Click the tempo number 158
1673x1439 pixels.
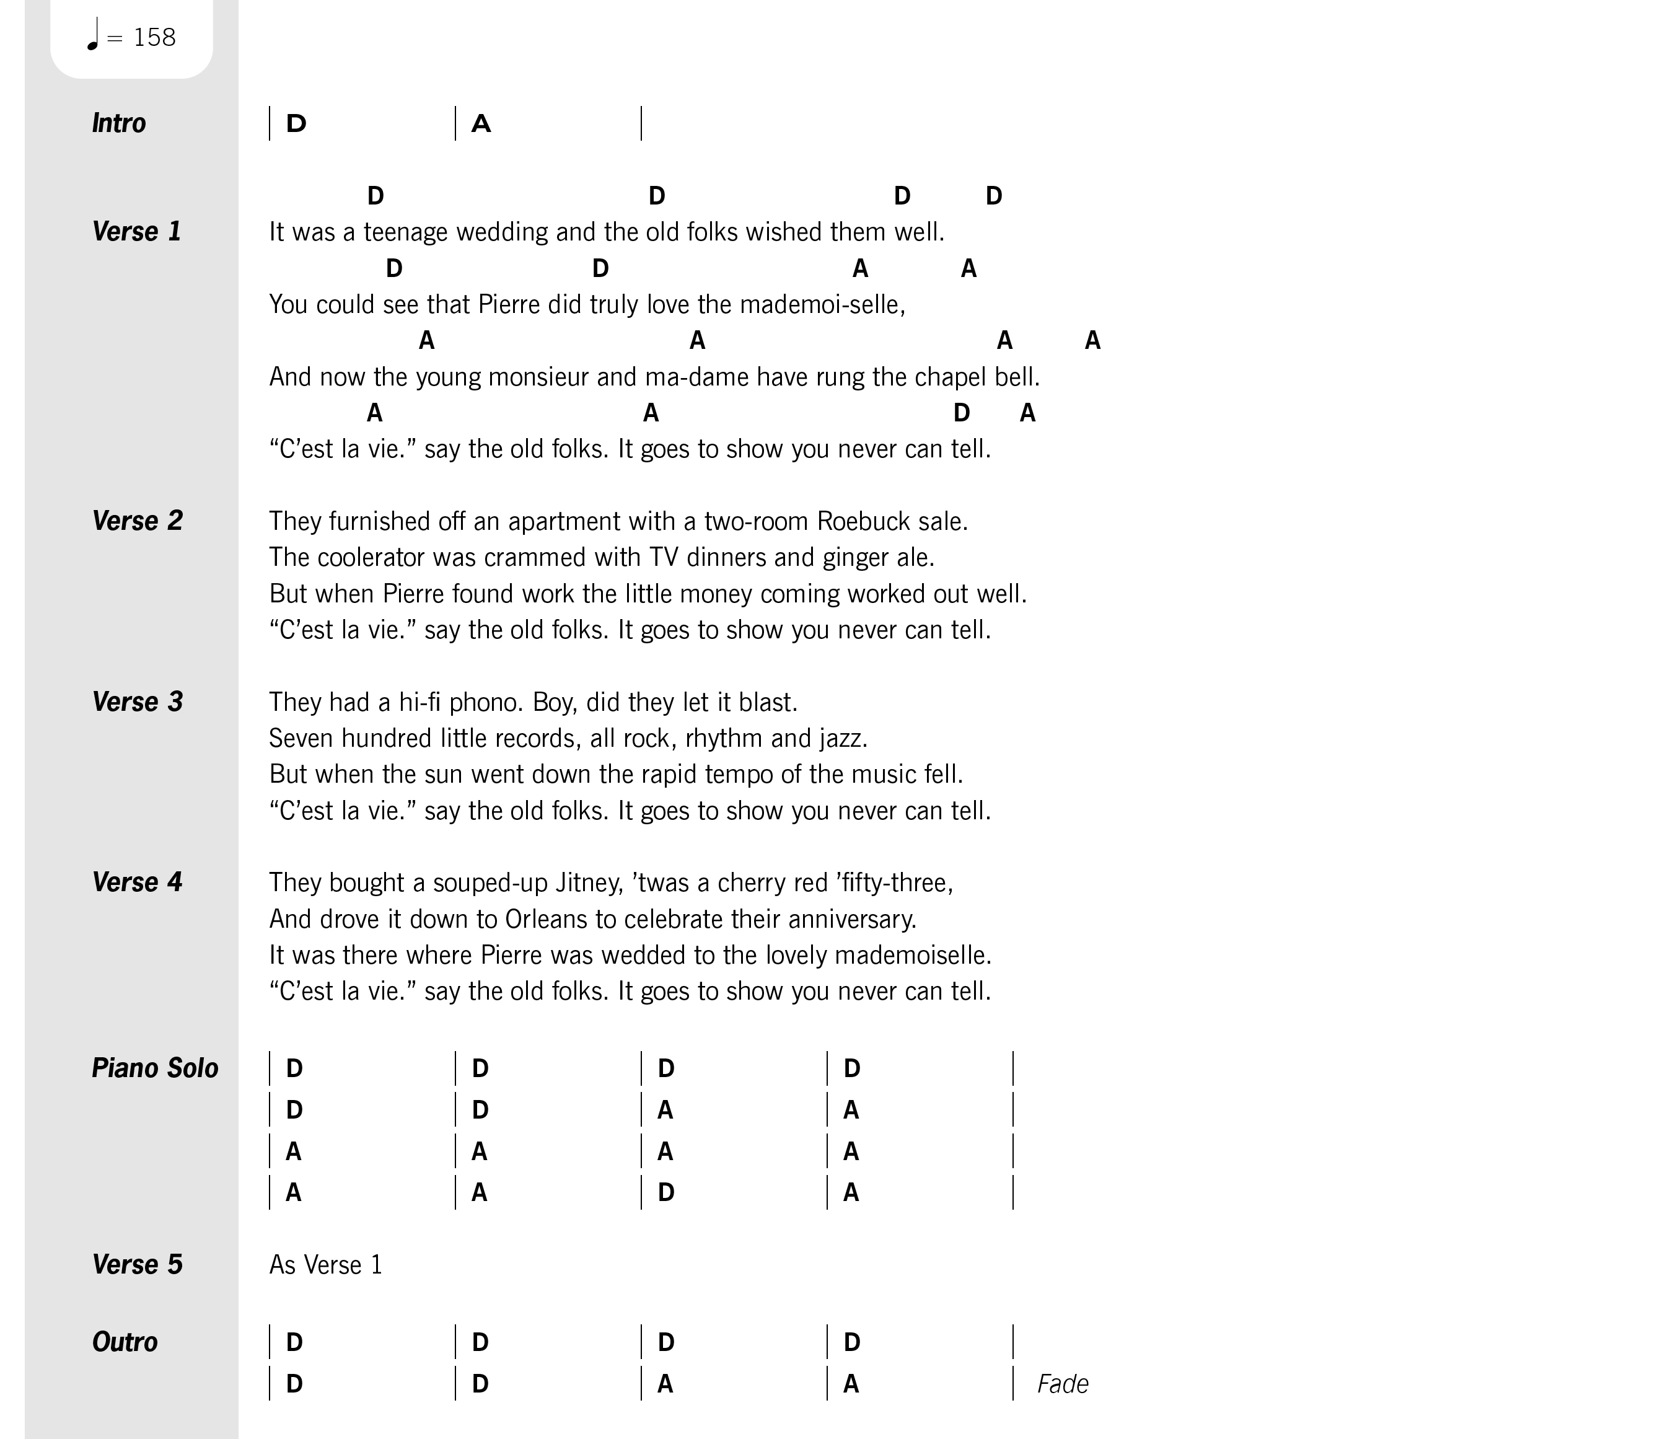coord(154,37)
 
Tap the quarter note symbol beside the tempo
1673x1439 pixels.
coord(93,35)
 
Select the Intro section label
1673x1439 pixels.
coord(119,123)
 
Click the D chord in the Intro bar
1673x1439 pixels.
coord(296,123)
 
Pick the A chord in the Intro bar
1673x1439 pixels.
coord(481,123)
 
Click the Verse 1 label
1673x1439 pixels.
coord(136,232)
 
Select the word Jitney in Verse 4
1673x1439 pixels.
coord(589,882)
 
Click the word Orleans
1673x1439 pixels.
coord(547,919)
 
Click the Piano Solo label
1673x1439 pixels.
coord(155,1068)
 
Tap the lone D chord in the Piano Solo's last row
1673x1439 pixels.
coord(666,1192)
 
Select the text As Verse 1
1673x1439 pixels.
coord(325,1265)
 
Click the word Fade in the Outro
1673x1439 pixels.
coord(1063,1384)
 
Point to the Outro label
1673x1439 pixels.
coord(125,1342)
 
